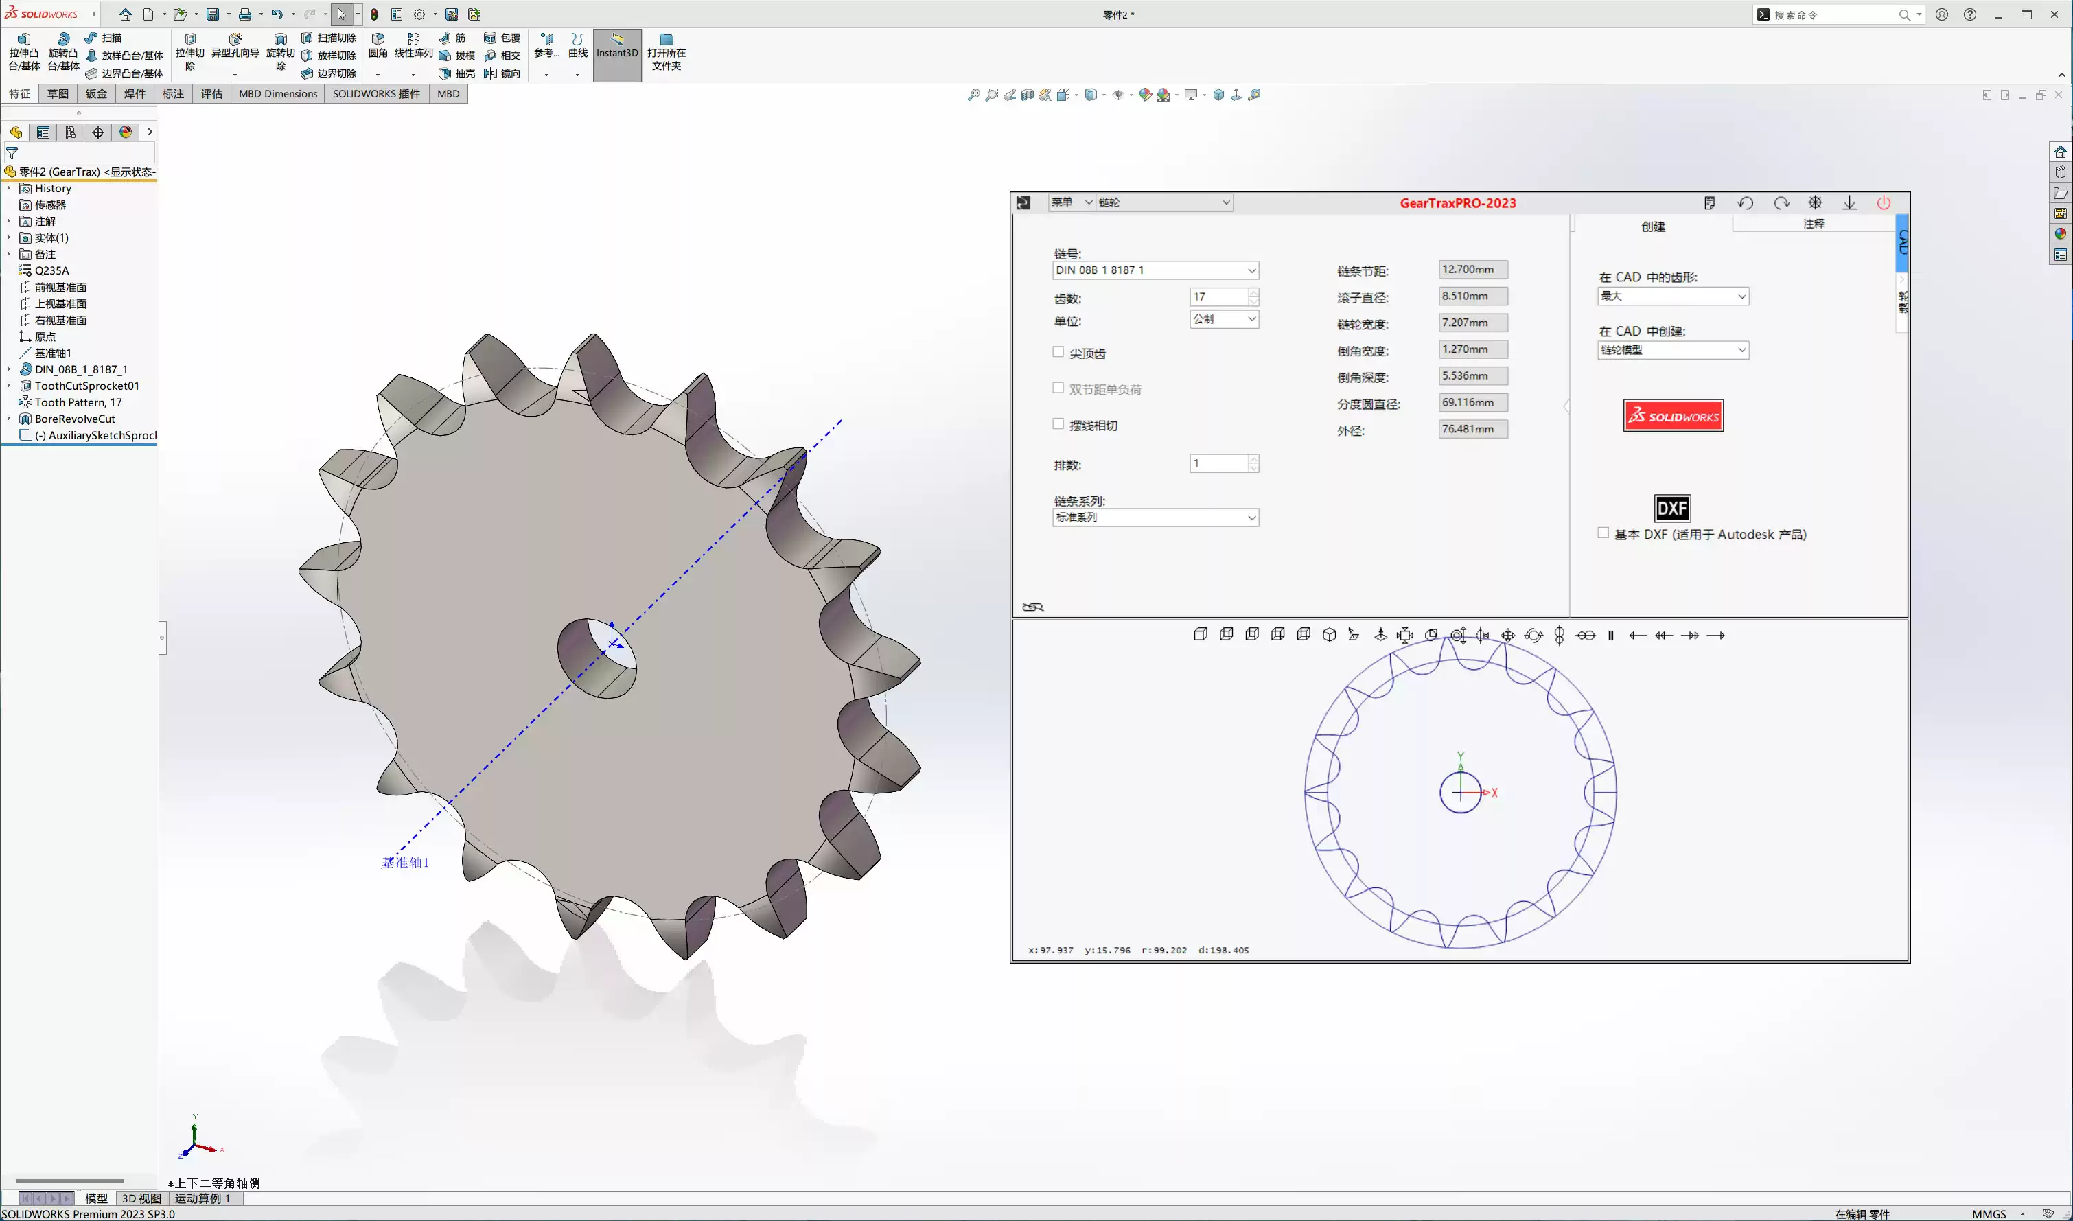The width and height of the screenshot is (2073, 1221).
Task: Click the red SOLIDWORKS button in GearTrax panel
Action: coord(1672,415)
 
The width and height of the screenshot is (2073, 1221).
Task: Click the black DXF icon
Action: coord(1671,508)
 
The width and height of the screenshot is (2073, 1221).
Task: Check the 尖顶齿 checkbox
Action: coord(1058,352)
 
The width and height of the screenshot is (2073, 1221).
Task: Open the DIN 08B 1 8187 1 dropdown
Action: coord(1251,270)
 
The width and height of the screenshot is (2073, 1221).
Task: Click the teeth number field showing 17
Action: coord(1218,297)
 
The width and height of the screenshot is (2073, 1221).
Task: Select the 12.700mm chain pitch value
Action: coord(1472,270)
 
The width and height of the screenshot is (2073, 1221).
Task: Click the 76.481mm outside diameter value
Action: coord(1472,430)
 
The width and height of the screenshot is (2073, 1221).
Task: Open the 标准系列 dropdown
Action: coord(1251,518)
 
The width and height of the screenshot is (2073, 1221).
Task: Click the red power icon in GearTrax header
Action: coord(1883,203)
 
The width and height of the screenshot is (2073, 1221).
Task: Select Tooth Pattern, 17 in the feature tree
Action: coord(78,402)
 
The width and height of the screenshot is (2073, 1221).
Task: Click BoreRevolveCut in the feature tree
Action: coord(75,419)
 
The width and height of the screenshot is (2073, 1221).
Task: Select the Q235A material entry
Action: coord(52,270)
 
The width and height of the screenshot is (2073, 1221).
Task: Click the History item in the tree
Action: coord(53,189)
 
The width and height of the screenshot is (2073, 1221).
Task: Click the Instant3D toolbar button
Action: coord(616,53)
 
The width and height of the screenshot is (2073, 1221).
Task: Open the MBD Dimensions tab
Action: coord(277,94)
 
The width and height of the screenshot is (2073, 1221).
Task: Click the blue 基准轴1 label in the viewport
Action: coord(406,862)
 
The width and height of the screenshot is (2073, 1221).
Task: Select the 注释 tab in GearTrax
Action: coord(1813,224)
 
